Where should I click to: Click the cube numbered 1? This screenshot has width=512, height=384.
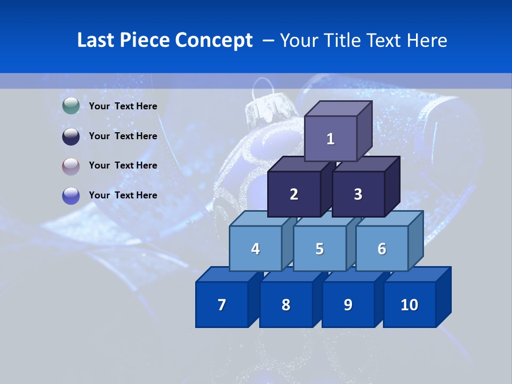tap(331, 139)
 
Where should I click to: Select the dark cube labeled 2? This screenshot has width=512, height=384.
tap(294, 194)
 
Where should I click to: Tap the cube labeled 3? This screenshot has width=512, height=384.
tap(358, 194)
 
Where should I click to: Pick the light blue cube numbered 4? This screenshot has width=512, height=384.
tap(255, 249)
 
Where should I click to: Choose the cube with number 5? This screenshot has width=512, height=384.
tap(319, 249)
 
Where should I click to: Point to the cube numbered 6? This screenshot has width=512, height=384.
tap(382, 249)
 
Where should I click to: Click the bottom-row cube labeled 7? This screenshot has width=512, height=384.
tap(222, 305)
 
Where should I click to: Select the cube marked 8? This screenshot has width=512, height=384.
tap(286, 305)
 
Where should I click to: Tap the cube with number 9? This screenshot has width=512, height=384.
tap(348, 305)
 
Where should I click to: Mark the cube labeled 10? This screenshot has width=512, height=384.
tap(410, 305)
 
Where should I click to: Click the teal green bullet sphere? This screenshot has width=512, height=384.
tap(71, 106)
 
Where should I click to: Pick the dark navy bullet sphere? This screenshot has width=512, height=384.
tap(71, 136)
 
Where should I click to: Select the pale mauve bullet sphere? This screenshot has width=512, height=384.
tap(71, 166)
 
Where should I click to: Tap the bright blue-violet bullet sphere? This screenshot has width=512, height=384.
tap(71, 196)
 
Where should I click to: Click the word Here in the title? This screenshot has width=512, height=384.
tap(427, 40)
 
